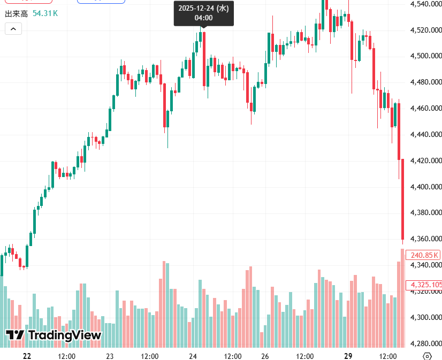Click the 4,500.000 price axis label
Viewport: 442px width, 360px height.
(x=426, y=56)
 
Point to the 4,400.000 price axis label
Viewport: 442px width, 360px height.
(x=426, y=187)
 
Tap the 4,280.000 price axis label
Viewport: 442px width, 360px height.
(x=426, y=343)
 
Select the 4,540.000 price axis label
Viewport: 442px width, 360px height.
(x=426, y=4)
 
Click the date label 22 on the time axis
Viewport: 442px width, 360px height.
(x=27, y=356)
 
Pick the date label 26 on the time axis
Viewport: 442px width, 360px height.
(x=265, y=356)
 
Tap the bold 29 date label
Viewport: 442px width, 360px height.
(x=348, y=356)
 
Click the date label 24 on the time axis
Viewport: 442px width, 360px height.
(x=193, y=356)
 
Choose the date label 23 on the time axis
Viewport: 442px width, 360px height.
(x=110, y=356)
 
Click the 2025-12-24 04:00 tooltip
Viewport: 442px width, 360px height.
(x=203, y=13)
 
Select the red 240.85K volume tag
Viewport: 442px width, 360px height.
(x=423, y=255)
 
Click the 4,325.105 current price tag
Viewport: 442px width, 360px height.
(x=424, y=285)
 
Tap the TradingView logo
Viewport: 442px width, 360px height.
(x=53, y=335)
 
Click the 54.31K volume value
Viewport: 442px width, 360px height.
(x=45, y=12)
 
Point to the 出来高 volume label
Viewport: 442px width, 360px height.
(x=16, y=12)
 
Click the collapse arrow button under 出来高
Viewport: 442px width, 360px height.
(x=13, y=29)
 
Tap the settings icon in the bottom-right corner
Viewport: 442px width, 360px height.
(x=427, y=356)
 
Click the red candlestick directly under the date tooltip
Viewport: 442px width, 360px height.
(x=204, y=59)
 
